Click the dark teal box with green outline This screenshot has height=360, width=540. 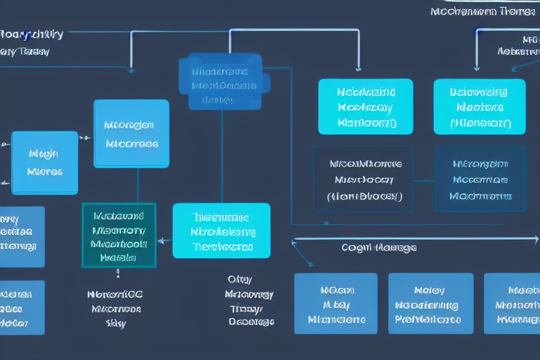(118, 236)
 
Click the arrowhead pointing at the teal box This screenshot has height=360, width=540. (162, 240)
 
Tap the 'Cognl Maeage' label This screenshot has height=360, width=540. (379, 247)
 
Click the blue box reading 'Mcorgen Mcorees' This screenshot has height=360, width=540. (131, 134)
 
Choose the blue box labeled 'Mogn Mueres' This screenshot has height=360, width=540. (44, 162)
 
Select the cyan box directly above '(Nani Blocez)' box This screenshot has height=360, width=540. (366, 106)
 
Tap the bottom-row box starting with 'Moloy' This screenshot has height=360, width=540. (430, 303)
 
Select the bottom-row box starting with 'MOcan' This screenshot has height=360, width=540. (335, 303)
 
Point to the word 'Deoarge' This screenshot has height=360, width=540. (251, 321)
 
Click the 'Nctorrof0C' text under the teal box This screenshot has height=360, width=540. (116, 294)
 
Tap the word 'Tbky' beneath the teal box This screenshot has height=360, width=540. (115, 323)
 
